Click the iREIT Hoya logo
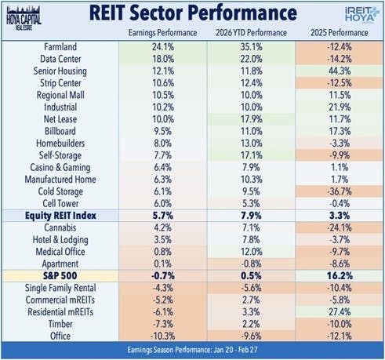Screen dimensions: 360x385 tap(353, 16)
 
